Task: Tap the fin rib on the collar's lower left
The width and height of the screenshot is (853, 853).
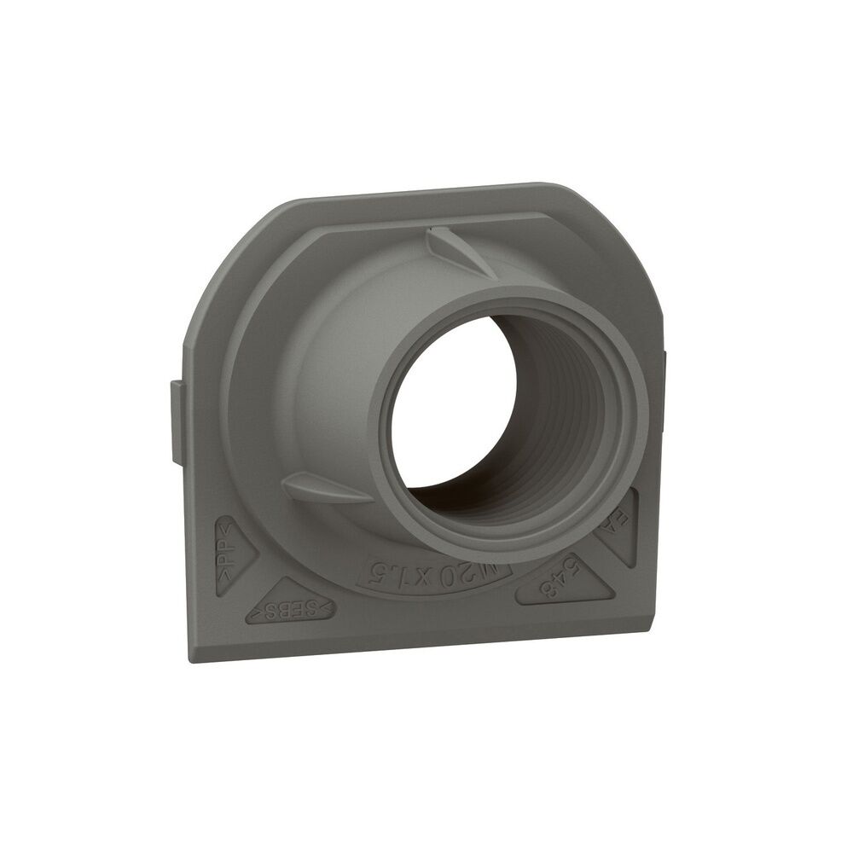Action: coord(324,489)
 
